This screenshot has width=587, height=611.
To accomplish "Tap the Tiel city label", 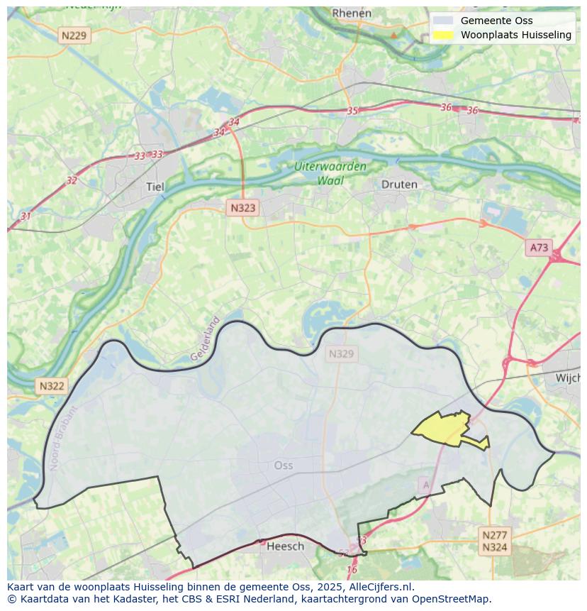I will (x=154, y=187).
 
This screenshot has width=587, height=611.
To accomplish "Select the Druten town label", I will (x=399, y=184).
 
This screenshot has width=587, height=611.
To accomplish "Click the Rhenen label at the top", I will (x=352, y=13).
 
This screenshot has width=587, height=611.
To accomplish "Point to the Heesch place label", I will (x=285, y=546).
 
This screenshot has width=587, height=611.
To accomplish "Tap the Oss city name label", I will (x=283, y=466).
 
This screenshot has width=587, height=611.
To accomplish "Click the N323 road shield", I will (x=242, y=208).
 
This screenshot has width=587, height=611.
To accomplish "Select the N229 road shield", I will (x=74, y=34).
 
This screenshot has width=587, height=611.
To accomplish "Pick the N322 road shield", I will (x=52, y=386).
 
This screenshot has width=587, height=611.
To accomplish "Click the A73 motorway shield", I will (x=539, y=247).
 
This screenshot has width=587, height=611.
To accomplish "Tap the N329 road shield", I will (x=341, y=353).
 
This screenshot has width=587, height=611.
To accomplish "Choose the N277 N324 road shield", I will (x=494, y=541).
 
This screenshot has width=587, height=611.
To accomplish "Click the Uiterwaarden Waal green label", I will (x=330, y=173).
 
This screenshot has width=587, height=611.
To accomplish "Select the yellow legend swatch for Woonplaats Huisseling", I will (x=443, y=35).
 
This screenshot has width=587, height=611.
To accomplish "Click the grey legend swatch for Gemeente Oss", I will (x=443, y=21).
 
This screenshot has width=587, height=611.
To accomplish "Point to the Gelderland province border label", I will (x=205, y=338).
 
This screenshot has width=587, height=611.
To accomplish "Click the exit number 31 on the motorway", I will (x=26, y=216).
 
